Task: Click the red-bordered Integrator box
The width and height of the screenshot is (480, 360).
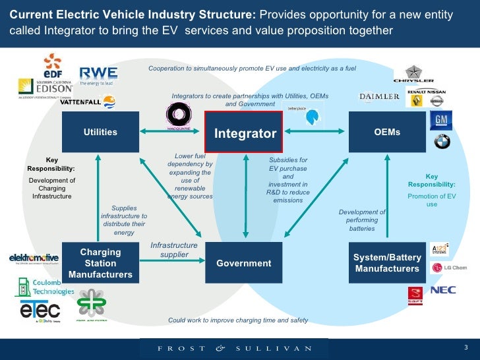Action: coord(244,133)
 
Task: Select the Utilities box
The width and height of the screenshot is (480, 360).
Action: coord(100,132)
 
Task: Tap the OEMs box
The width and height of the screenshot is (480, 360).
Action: coord(386,132)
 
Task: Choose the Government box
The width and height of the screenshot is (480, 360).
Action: coord(244,263)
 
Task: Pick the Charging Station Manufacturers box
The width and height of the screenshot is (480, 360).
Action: coord(100,263)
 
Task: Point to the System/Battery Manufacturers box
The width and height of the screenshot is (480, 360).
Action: coord(386,263)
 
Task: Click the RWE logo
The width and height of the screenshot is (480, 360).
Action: coord(98,76)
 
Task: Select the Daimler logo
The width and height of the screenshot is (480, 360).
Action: coord(379,97)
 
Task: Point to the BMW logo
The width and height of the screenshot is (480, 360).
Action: coord(441,141)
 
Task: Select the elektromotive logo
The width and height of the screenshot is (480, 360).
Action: coord(33,258)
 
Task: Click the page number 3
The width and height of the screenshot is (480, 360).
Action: coord(465,347)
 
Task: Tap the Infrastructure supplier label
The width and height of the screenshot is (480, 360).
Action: coord(174,250)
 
